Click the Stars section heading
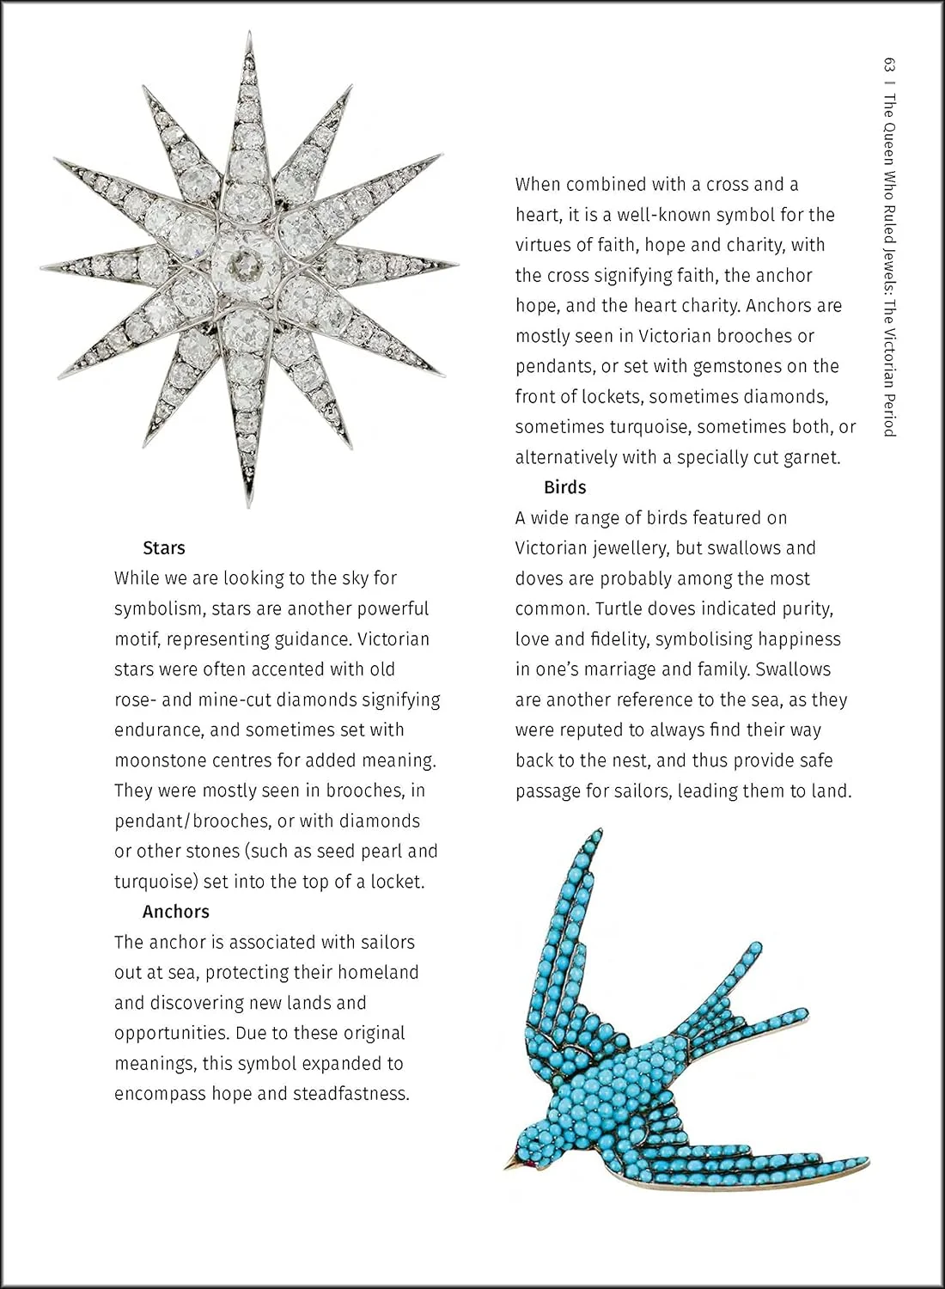(163, 548)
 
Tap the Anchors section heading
(175, 912)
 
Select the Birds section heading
(564, 487)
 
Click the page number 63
(889, 65)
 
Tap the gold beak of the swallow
(513, 1164)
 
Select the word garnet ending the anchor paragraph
(811, 458)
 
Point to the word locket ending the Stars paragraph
(396, 882)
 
